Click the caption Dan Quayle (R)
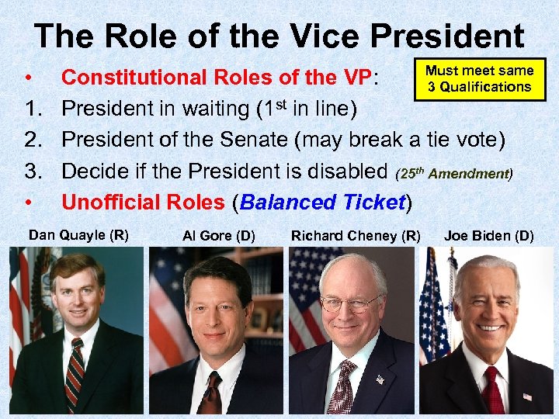point(78,234)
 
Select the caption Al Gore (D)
point(218,235)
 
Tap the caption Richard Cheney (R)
point(356,235)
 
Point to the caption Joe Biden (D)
point(488,235)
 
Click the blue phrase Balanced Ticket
point(323,203)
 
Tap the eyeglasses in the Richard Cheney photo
point(350,302)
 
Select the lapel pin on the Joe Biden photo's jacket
point(527,396)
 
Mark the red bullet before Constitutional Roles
point(27,78)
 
